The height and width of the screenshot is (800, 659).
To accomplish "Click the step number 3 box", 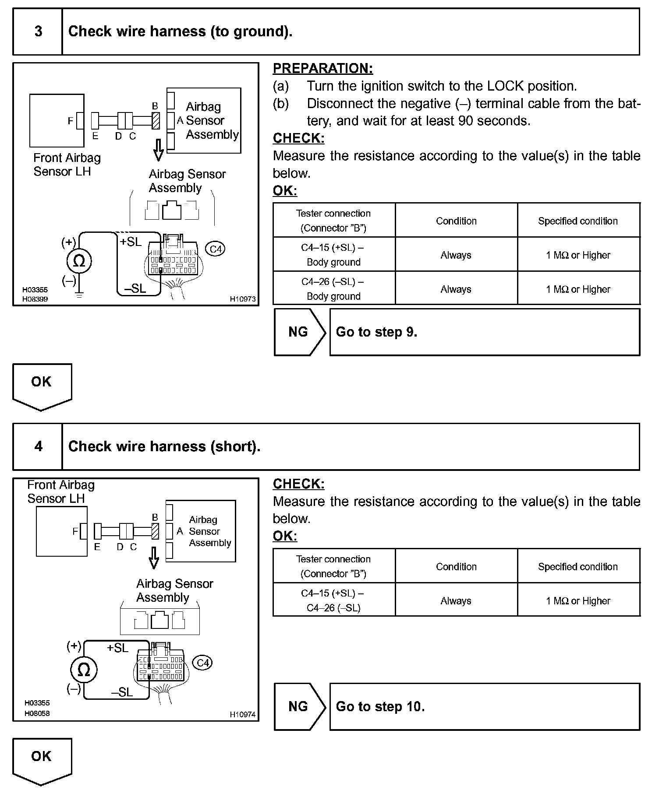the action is click(38, 32).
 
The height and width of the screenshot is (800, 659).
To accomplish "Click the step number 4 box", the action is click(38, 446).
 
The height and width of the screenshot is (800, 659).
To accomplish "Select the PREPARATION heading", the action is click(323, 68).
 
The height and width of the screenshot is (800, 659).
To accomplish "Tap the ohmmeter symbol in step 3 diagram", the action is click(79, 261).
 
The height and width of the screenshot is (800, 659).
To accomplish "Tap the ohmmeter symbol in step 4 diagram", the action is click(83, 670).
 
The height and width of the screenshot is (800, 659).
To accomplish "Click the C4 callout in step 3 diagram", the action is click(216, 249).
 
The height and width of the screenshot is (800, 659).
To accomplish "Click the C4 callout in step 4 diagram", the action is click(203, 663).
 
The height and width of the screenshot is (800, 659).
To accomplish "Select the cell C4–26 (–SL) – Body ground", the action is click(334, 288).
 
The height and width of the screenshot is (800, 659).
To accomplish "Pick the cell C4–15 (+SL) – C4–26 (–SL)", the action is click(334, 600).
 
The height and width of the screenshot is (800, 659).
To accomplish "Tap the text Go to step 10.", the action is click(380, 707).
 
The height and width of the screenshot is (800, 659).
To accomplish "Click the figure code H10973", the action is click(243, 299).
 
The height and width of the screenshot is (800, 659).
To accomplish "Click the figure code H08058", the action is click(37, 713).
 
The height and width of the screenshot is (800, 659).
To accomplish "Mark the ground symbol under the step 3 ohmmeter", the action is click(79, 295).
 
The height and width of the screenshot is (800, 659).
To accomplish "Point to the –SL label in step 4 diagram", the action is click(122, 692).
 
